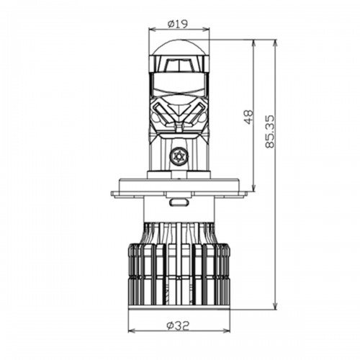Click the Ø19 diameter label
coord(178,24)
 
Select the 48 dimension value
coord(249,117)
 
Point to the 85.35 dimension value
coord(270,132)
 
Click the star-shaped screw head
coord(179,156)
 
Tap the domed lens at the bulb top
coord(179,47)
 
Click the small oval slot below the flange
coord(179,202)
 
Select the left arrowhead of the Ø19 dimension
coord(152,30)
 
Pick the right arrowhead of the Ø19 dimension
coord(207,30)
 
